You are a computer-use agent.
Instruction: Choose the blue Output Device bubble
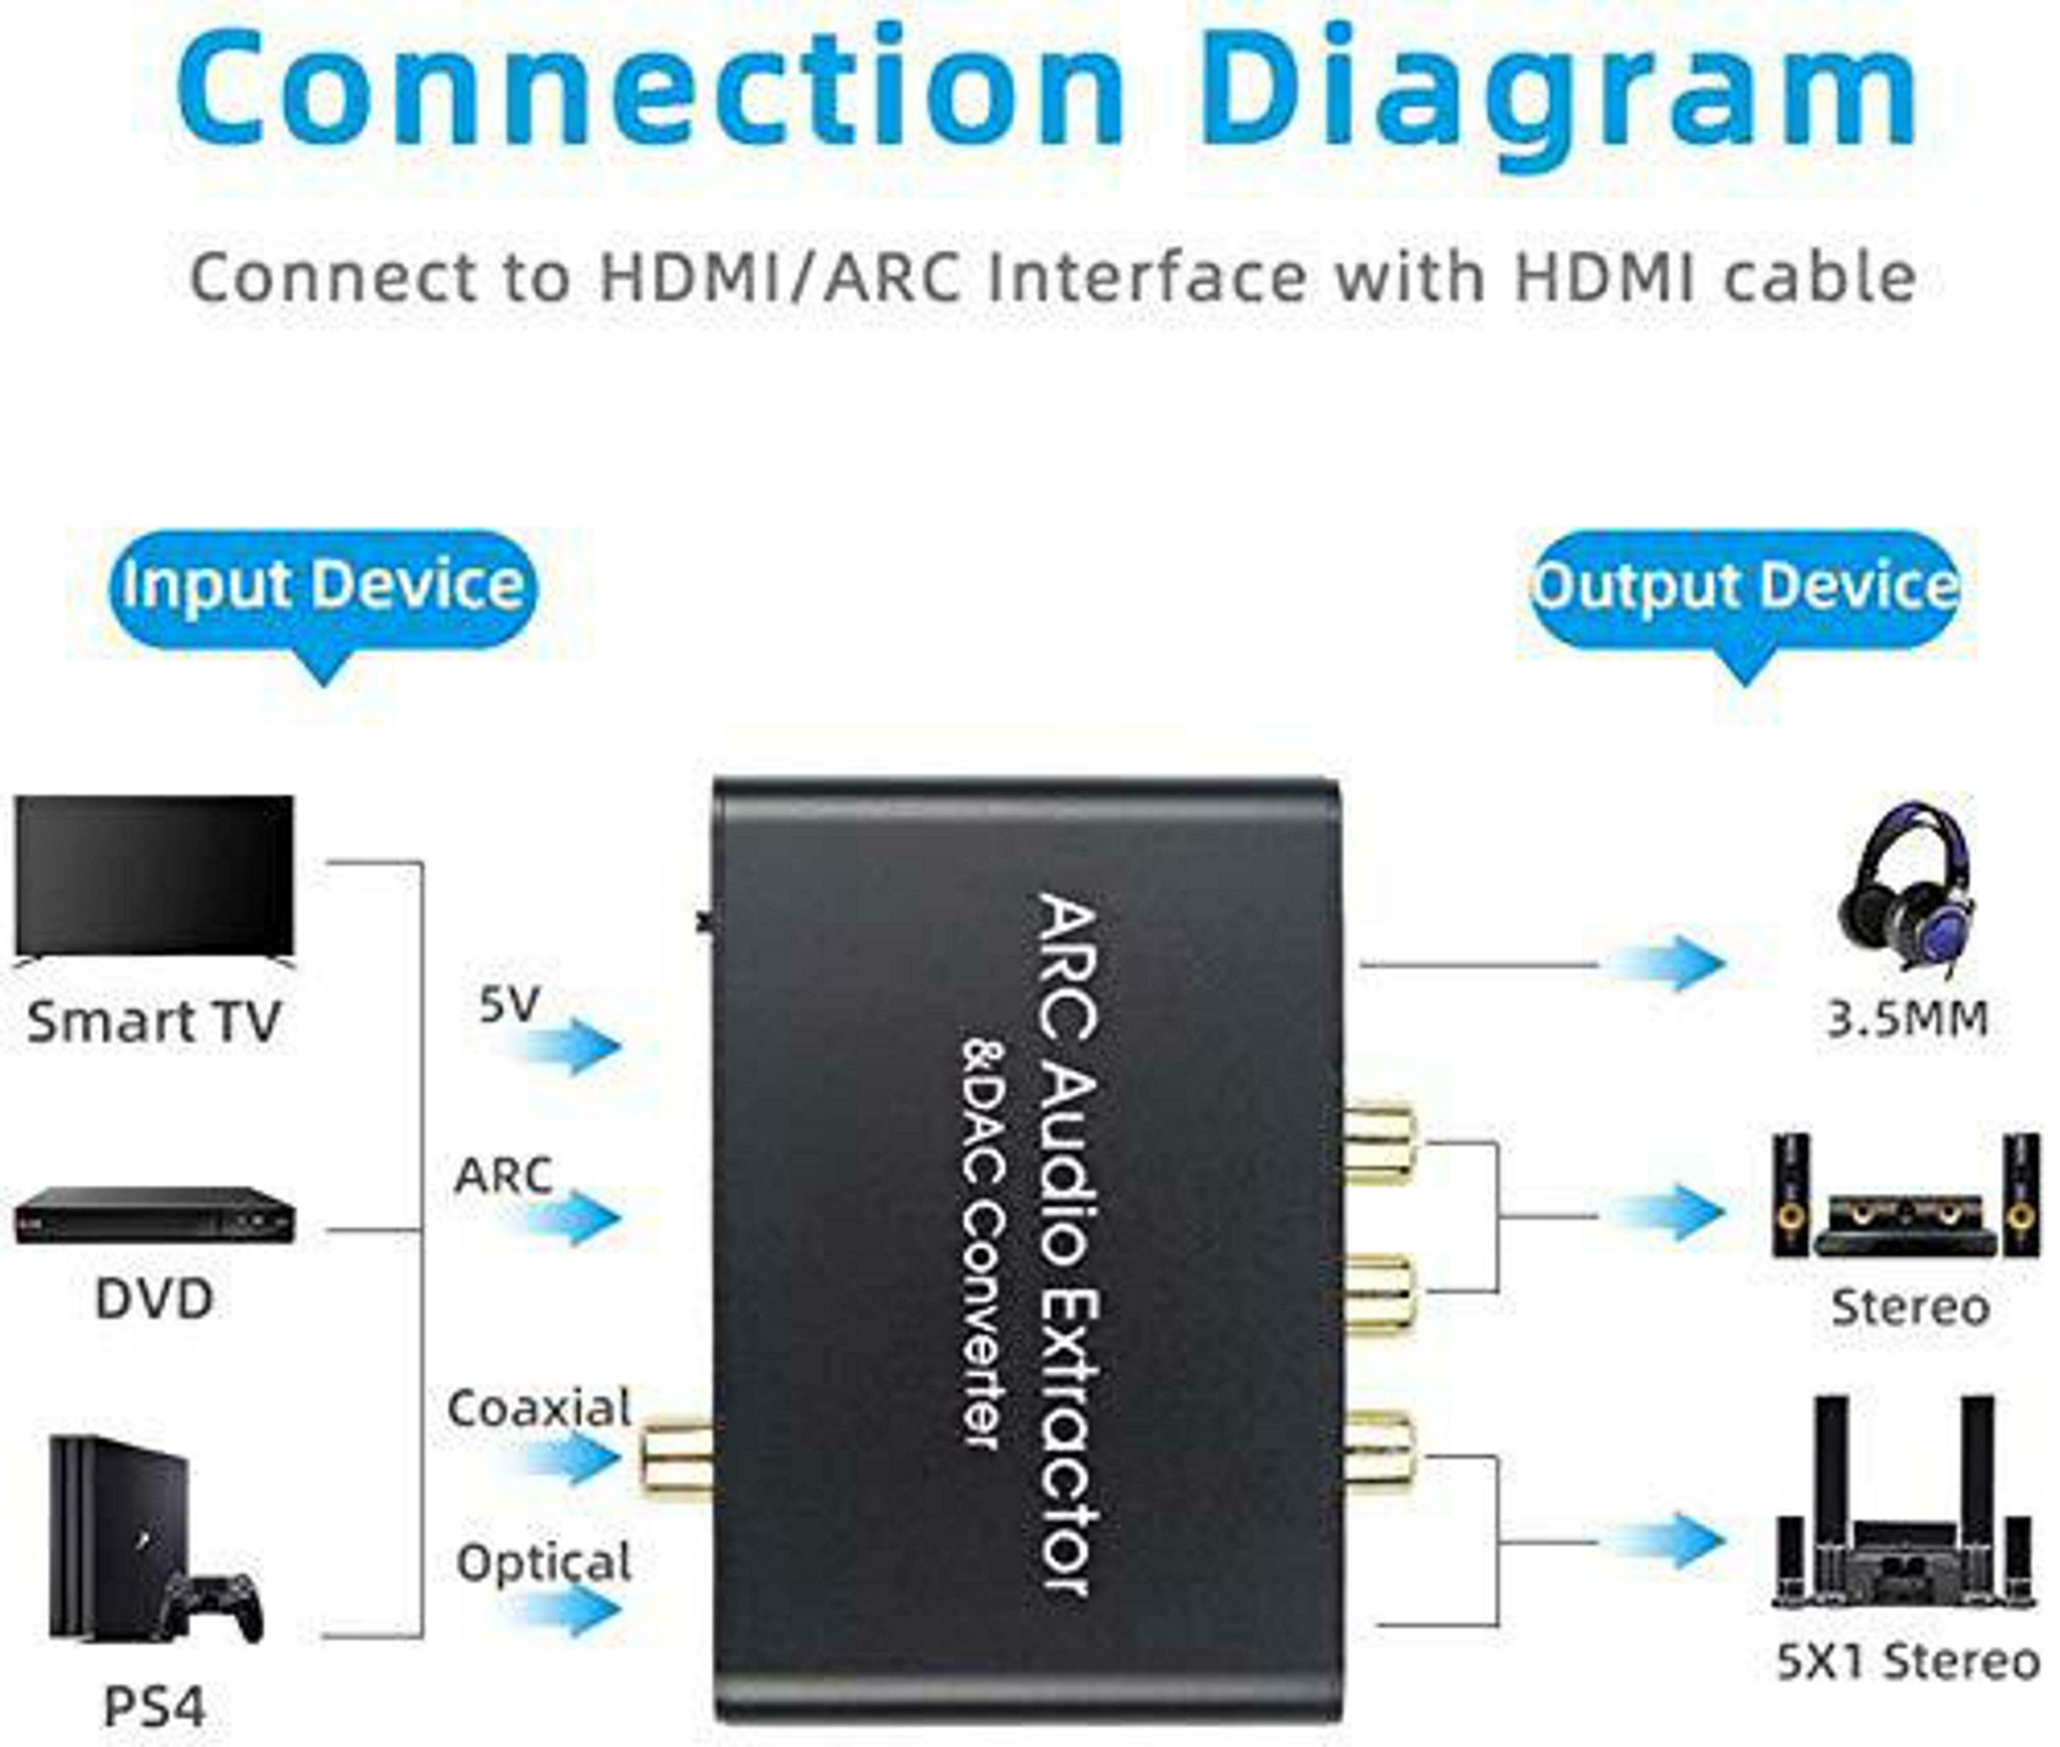pos(1745,586)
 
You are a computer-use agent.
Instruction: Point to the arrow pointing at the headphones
pos(1664,963)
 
